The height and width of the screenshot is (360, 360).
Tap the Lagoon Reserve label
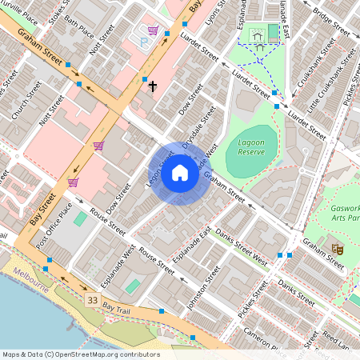coord(251,146)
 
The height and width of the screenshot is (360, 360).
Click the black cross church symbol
coord(152,85)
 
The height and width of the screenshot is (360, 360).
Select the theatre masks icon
coord(338,250)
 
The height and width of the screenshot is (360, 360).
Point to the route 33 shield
coord(94,299)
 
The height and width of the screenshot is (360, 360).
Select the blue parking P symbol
coord(145,39)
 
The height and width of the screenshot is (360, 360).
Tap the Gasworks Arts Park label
coord(346,214)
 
